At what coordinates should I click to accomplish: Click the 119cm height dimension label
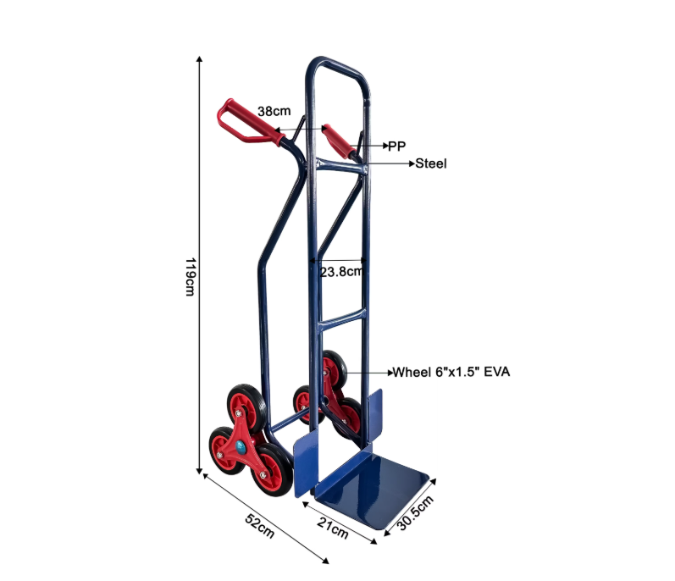pos(190,277)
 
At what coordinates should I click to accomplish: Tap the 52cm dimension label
pos(259,526)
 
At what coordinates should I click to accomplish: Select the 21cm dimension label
pos(332,528)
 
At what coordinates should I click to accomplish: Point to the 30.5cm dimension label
pos(414,512)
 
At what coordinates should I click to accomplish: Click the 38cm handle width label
pos(274,111)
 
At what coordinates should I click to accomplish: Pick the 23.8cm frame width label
pos(342,272)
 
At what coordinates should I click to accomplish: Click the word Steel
pos(431,163)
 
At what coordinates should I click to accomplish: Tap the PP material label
pos(396,147)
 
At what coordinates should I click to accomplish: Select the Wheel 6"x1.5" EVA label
pos(451,372)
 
